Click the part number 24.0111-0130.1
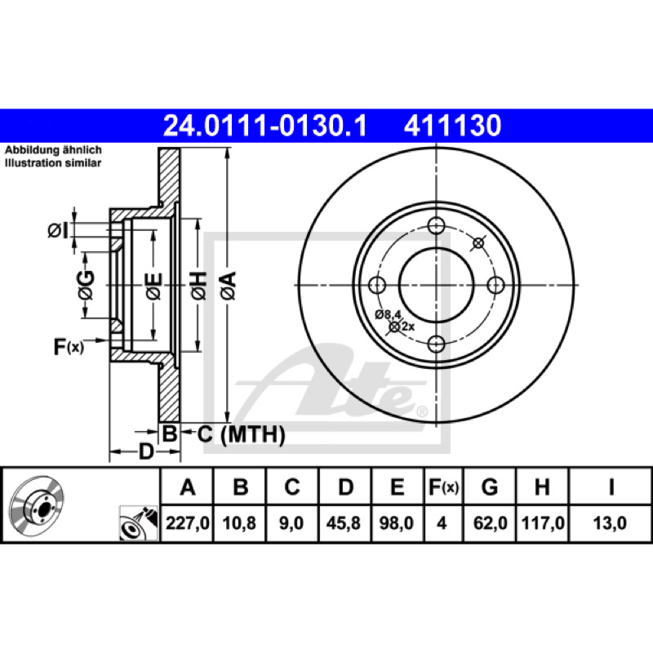[x=265, y=126]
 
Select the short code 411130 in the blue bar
[x=453, y=126]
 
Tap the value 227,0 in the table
[x=188, y=522]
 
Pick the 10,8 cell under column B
[x=239, y=522]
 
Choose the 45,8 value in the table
[x=343, y=522]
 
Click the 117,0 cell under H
[x=543, y=522]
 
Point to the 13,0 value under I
[x=610, y=522]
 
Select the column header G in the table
[x=490, y=486]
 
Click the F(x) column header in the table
[x=443, y=486]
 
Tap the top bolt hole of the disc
[x=436, y=226]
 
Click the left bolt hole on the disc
[x=377, y=285]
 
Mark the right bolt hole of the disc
[x=495, y=285]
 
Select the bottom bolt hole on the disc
[x=436, y=344]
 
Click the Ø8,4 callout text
[x=388, y=314]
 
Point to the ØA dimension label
[x=229, y=286]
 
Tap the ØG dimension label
[x=86, y=285]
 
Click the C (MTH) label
[x=241, y=435]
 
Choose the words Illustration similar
[x=53, y=162]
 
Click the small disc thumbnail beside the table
[x=36, y=504]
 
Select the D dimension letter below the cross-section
[x=146, y=451]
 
